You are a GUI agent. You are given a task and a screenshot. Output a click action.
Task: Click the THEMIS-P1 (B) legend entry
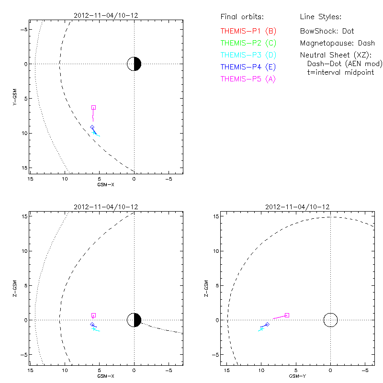[248, 31]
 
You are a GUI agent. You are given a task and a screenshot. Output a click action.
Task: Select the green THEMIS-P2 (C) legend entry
[248, 43]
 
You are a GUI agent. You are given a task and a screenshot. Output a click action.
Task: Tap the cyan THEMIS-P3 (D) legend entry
[248, 55]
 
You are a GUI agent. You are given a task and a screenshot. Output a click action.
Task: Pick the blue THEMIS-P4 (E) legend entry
[248, 67]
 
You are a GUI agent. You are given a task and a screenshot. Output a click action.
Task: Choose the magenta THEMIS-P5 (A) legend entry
[248, 79]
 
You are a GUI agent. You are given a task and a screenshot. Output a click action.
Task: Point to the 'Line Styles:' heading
[320, 17]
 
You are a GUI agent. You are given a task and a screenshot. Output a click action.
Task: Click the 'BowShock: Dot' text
[327, 31]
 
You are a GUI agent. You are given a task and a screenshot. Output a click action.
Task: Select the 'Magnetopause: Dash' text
[337, 43]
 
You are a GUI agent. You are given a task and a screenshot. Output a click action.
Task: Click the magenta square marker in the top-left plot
[93, 107]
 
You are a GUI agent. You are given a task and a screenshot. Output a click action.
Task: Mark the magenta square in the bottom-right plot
[287, 315]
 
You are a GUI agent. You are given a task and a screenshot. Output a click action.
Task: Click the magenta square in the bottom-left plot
[93, 315]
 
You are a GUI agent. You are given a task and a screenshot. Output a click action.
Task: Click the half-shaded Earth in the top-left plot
[134, 64]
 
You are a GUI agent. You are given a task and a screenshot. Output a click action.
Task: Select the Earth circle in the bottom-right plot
[330, 320]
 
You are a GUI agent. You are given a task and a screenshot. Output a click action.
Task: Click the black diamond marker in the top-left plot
[92, 127]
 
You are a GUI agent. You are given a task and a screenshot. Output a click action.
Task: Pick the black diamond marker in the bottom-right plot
[267, 325]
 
